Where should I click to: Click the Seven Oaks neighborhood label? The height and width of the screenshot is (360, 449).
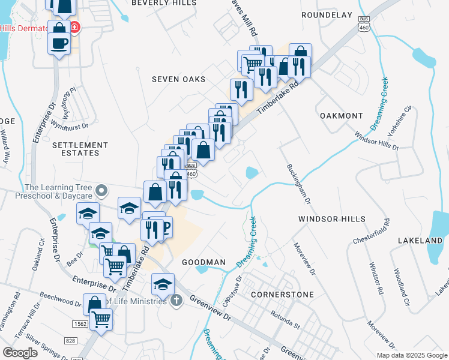(178, 79)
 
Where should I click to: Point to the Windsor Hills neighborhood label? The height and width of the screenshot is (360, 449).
(331, 220)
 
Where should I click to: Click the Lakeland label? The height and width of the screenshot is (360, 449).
(420, 241)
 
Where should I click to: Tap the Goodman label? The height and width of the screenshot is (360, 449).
(203, 263)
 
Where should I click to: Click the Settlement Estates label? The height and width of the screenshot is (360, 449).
(80, 149)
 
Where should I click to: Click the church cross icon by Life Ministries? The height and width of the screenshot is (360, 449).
(176, 300)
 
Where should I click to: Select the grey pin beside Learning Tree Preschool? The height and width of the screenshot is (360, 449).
(102, 191)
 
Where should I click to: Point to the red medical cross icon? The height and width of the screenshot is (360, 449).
(74, 28)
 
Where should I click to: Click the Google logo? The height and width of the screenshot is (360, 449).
(20, 353)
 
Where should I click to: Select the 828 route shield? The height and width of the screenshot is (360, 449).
(71, 341)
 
